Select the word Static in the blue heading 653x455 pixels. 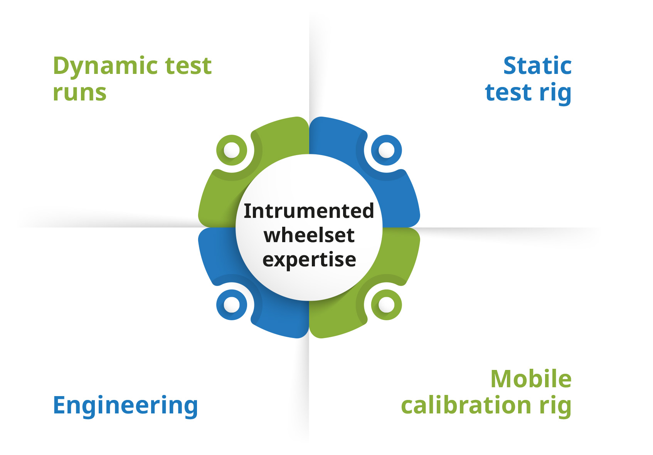[538, 65]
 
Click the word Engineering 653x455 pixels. [125, 406]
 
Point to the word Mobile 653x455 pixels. [531, 379]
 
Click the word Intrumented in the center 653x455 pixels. [309, 211]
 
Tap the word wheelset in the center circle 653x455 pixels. [309, 235]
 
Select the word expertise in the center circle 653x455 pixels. [309, 260]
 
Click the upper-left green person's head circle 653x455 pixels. [232, 150]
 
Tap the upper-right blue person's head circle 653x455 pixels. [387, 150]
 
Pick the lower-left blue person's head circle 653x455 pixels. [232, 305]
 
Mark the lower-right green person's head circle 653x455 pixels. [387, 305]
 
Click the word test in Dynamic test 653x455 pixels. [188, 66]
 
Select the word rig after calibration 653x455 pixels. [555, 406]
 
